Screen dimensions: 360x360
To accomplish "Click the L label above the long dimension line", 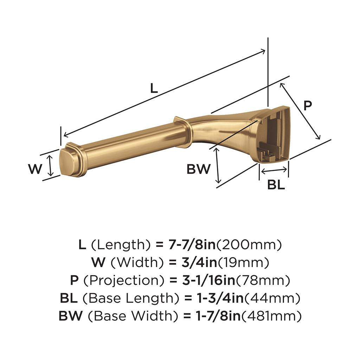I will click(154, 88).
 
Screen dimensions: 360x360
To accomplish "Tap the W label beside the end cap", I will click(35, 169).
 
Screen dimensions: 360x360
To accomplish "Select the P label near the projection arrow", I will click(308, 105).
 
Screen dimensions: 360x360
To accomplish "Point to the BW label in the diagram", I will click(198, 169).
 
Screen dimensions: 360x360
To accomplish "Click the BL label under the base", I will click(276, 185).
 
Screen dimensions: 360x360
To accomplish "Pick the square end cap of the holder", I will click(67, 162).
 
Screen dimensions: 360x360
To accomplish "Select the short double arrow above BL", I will click(274, 171).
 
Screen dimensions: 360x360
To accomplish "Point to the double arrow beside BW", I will click(218, 165).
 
